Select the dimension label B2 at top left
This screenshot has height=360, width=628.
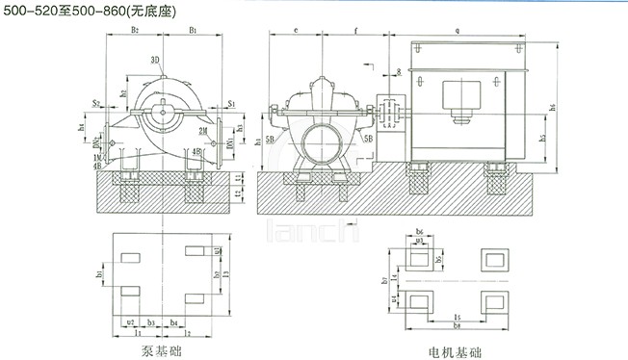(135, 32)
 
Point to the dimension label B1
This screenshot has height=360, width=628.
(194, 32)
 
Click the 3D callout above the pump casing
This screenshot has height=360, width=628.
(155, 60)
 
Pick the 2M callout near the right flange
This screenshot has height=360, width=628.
(202, 130)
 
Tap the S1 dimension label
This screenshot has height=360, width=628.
(231, 100)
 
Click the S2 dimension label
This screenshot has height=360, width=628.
(96, 100)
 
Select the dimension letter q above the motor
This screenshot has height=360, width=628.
(456, 32)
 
